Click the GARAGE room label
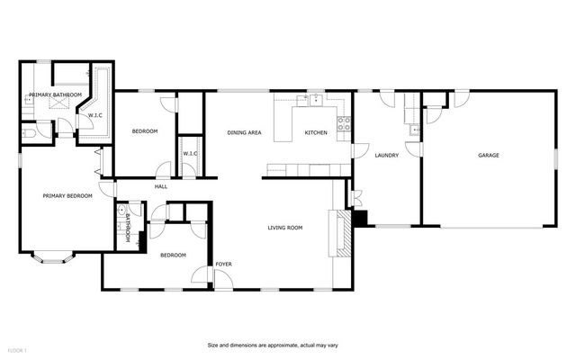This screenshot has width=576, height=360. click(x=489, y=156)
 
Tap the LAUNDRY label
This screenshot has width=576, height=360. click(x=386, y=156)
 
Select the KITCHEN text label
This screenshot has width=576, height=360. click(x=316, y=132)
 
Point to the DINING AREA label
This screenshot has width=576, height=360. click(x=243, y=132)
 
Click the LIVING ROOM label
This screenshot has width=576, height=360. click(x=284, y=228)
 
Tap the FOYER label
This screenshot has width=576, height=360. click(x=223, y=264)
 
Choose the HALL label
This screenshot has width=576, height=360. click(x=161, y=186)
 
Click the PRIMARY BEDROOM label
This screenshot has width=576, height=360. click(x=67, y=194)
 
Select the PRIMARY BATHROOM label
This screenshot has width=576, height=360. click(x=55, y=94)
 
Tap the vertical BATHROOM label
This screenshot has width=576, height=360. click(x=128, y=228)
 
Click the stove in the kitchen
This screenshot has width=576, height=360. click(x=343, y=125)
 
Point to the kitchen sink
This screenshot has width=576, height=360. click(x=316, y=100)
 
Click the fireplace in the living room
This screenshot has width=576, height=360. click(x=340, y=232)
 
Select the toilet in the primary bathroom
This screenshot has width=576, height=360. click(x=27, y=134)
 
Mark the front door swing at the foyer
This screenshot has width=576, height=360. click(x=223, y=277)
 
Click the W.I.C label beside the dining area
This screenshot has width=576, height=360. click(x=190, y=153)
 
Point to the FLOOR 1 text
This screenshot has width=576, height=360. click(x=18, y=349)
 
